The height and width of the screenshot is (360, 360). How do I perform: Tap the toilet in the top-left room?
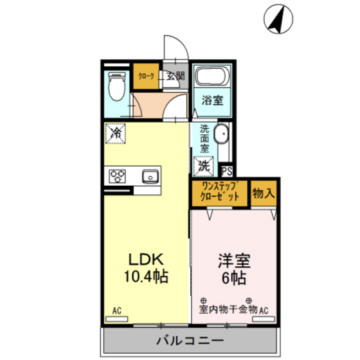116,86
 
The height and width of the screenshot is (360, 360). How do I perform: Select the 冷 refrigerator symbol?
116,134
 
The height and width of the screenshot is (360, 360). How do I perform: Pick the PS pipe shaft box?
227,171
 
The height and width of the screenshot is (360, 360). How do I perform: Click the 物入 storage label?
264,192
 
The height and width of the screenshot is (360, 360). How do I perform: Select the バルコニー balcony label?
189,341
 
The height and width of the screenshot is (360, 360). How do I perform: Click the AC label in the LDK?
117,311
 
